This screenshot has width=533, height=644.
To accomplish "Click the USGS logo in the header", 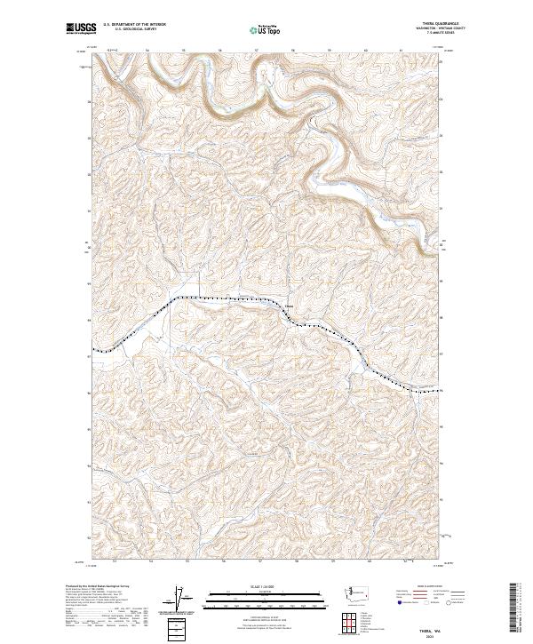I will pos(81,29).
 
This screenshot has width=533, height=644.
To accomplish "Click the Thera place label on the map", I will pos(289,309).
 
